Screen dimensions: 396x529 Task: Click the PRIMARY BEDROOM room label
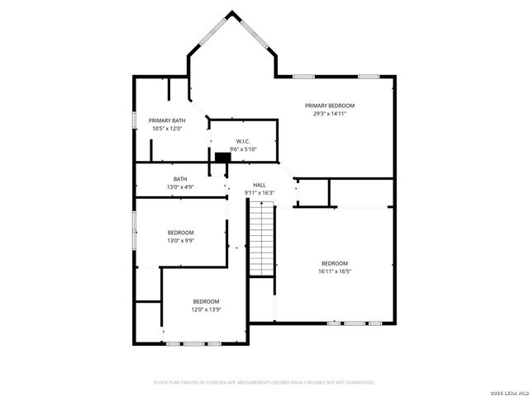329,106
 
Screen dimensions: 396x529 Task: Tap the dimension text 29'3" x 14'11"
329,114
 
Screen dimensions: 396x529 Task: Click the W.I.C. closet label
243,141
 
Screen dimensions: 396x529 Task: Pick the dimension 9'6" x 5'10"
243,149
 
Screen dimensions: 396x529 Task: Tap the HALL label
259,185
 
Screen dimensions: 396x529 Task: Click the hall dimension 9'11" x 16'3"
259,193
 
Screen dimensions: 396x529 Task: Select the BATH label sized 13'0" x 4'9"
180,179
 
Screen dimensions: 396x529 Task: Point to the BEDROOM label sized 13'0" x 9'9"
180,233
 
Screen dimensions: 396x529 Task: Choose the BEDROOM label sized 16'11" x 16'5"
335,263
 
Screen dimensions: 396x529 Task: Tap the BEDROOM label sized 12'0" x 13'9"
206,301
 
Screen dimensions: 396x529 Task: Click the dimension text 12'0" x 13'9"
206,309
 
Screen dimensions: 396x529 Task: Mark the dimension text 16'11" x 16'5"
335,271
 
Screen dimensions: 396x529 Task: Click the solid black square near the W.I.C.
222,157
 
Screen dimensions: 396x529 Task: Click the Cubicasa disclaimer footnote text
264,382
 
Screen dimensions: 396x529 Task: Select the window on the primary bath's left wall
135,118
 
